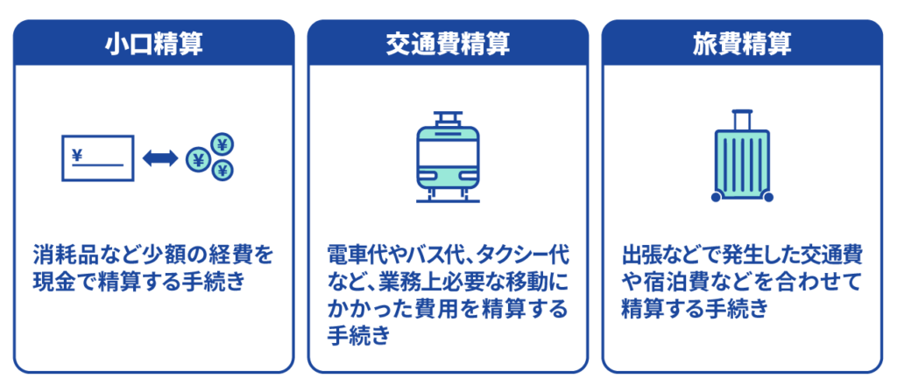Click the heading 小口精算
[153, 44]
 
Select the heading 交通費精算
[448, 44]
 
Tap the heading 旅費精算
[742, 44]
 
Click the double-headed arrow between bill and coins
[159, 158]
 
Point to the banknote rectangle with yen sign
[96, 158]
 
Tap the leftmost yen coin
[199, 159]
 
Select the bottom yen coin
[223, 171]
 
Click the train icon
[448, 157]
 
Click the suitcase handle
[742, 117]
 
